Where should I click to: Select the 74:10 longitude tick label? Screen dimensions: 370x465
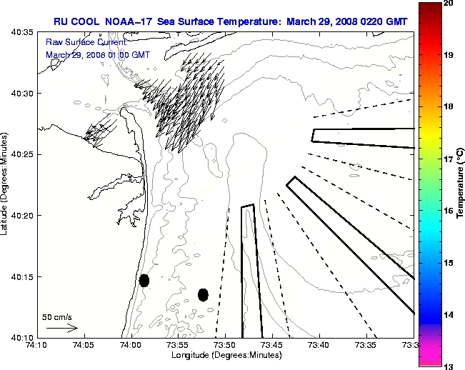click(37, 346)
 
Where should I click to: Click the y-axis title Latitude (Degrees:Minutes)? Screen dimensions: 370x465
click(5, 184)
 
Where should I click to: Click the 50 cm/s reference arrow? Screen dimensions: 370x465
click(61, 328)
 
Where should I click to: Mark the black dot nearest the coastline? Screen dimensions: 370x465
click(144, 280)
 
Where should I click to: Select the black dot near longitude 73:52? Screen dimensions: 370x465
click(203, 294)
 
